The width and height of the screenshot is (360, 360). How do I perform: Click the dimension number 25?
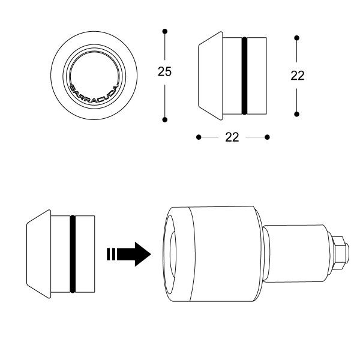point(164,72)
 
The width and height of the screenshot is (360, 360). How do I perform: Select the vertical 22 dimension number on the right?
point(296,76)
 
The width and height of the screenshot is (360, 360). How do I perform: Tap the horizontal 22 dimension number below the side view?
point(232,137)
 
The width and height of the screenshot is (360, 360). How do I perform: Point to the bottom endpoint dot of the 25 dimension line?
point(164,120)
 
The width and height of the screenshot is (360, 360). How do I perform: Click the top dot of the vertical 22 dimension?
point(296,38)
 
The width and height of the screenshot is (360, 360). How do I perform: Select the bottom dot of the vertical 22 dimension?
point(296,113)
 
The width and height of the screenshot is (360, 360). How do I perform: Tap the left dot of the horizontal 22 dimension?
point(199,137)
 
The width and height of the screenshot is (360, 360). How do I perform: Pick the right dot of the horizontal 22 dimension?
point(267,137)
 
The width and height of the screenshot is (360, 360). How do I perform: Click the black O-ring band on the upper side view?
point(244,76)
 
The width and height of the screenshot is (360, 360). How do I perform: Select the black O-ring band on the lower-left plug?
point(72,253)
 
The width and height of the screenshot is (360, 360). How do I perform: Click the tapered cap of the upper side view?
point(210,76)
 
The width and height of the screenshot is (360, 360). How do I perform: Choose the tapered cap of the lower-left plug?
point(37,253)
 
